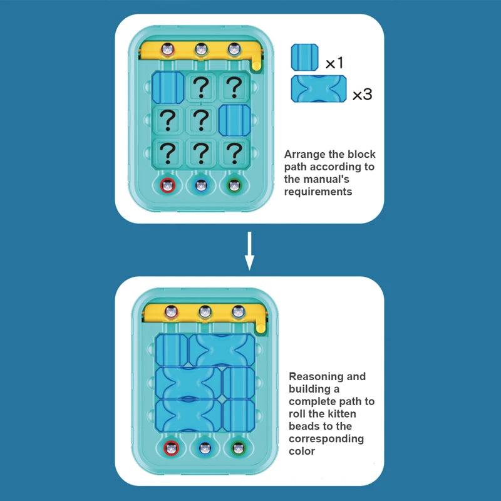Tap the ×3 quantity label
pos(362,95)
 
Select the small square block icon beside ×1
pos(304,57)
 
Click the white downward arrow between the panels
pos(249,250)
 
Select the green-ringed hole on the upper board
pos(234,185)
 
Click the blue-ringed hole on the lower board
pos(205,448)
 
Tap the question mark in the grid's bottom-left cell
pos(167,152)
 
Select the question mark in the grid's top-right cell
pos(234,86)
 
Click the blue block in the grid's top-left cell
pos(167,86)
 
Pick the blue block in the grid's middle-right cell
pos(234,119)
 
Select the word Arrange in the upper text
pos(306,154)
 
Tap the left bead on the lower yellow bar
pos(171,311)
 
